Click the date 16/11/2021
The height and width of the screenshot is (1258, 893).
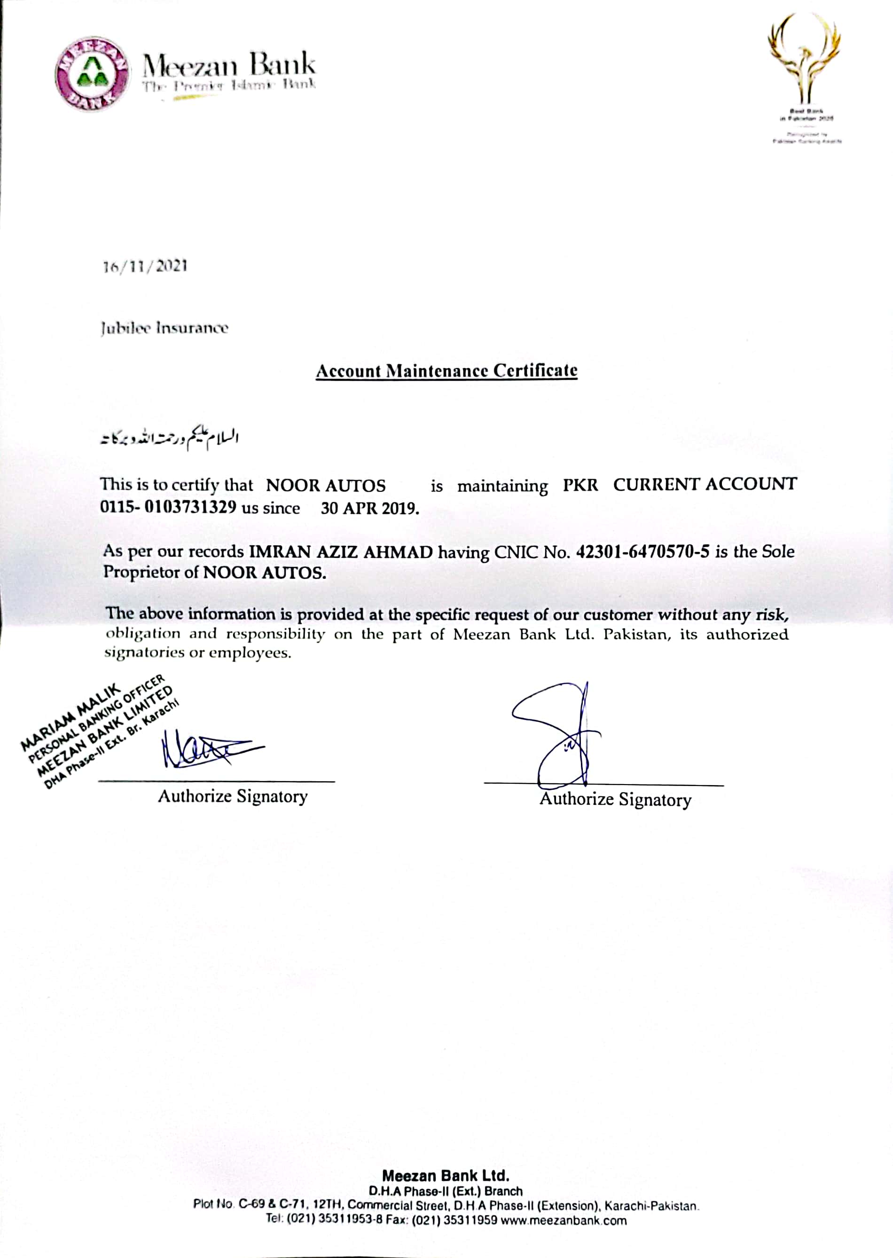point(146,267)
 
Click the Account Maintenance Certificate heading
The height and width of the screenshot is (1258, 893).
point(446,371)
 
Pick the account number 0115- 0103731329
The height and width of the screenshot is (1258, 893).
point(168,507)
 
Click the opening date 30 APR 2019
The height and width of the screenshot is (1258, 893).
point(369,508)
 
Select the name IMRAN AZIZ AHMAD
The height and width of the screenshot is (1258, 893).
point(341,552)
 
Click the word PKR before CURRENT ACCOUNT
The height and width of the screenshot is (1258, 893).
point(580,485)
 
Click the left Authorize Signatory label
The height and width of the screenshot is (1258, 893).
point(233,796)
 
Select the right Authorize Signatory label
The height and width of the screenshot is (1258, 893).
point(615,799)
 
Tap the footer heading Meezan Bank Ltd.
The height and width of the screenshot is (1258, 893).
point(446,1176)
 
